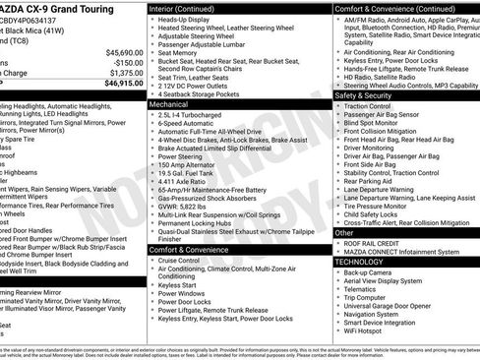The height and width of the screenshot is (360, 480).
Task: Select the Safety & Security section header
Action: pos(370,95)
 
